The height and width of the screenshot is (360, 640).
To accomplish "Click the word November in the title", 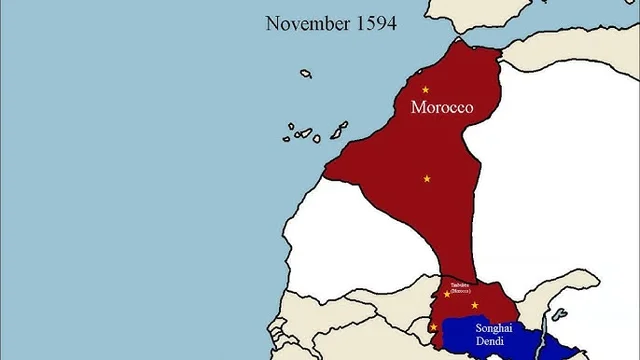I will click(303, 23).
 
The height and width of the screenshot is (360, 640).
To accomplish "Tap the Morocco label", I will click(441, 107).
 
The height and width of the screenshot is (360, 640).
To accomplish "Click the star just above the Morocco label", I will click(425, 89).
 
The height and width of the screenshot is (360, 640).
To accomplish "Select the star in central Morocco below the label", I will click(427, 178).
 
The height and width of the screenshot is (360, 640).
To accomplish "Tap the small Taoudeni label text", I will click(460, 286).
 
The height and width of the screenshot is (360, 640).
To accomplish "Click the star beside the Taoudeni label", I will click(447, 294).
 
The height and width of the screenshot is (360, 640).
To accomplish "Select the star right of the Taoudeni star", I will click(475, 305).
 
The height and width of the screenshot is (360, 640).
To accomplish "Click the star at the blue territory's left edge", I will click(433, 326).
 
